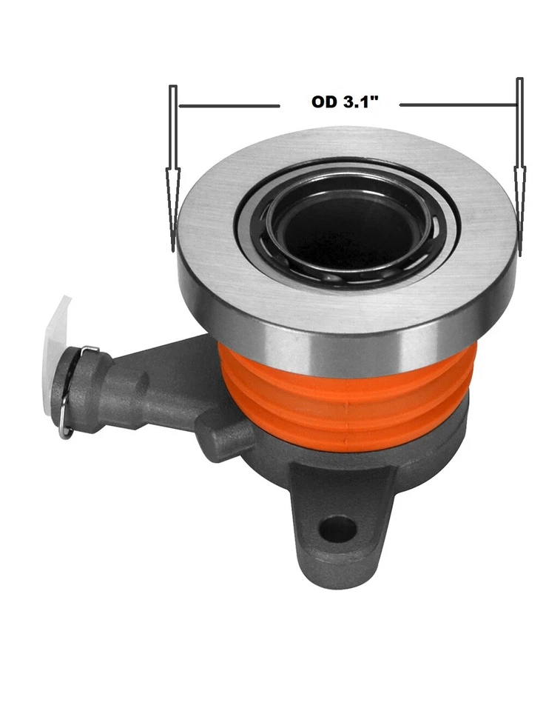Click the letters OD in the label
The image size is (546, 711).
pyautogui.click(x=323, y=103)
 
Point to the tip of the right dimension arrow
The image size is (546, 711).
pyautogui.click(x=520, y=253)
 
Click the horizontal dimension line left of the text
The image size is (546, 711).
pyautogui.click(x=229, y=106)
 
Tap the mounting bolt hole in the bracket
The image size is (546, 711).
pyautogui.click(x=338, y=528)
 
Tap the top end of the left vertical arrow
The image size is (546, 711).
pyautogui.click(x=172, y=87)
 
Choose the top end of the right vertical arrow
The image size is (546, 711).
pyautogui.click(x=520, y=80)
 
